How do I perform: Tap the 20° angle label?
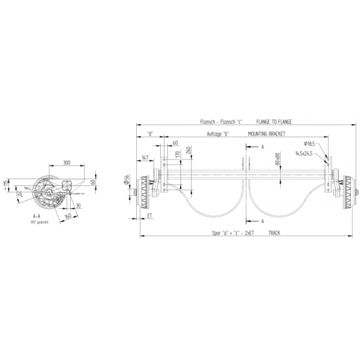coord(19,193)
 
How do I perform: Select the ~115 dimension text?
coord(5,182)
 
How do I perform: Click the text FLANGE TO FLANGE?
coord(274,122)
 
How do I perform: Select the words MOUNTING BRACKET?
coord(266,134)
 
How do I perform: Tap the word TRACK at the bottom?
coord(274,232)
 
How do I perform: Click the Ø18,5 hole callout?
coord(310,144)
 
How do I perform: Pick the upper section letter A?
coord(263,146)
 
